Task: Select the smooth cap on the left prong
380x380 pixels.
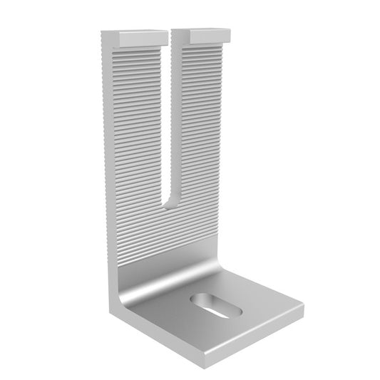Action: click(x=135, y=34)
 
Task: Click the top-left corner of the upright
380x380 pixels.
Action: click(x=102, y=33)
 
